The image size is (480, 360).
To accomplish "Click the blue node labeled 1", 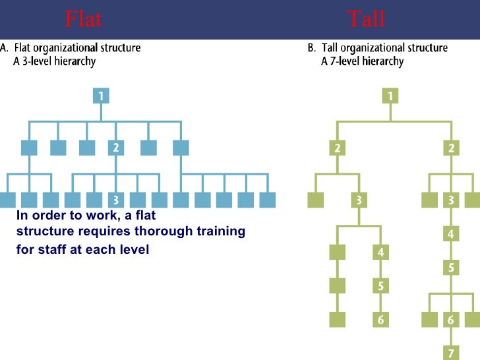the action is click(101, 96).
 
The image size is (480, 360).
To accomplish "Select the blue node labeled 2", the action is click(116, 148).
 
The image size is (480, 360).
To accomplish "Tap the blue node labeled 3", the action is click(116, 199).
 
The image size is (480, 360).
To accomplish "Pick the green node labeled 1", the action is click(391, 96).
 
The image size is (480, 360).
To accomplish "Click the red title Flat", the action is click(84, 19).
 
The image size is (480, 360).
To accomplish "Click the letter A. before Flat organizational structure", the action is click(5, 48).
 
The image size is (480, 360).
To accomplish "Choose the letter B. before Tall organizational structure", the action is click(312, 48).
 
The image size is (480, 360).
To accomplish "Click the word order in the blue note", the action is click(45, 215).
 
